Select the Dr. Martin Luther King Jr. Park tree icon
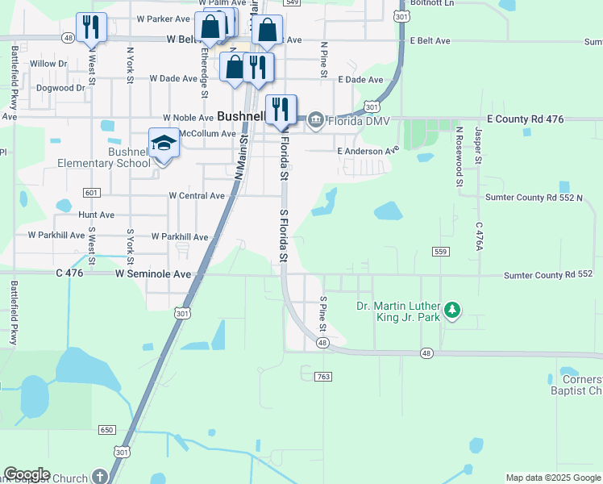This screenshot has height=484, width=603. pos(452,309)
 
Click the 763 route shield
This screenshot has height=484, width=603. pos(324,377)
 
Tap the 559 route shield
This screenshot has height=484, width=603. pos(439,252)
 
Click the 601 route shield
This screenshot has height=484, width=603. pos(91,192)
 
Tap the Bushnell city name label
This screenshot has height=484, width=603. pos(242,115)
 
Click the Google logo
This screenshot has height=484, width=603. pos(27,474)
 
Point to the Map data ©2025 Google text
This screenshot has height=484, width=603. pos(554,478)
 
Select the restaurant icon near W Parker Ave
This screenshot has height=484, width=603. pos(91,27)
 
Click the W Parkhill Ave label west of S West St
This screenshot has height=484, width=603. pos(56,236)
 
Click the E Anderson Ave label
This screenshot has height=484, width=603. pos(368,151)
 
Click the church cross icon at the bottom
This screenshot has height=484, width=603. pos(99,477)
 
